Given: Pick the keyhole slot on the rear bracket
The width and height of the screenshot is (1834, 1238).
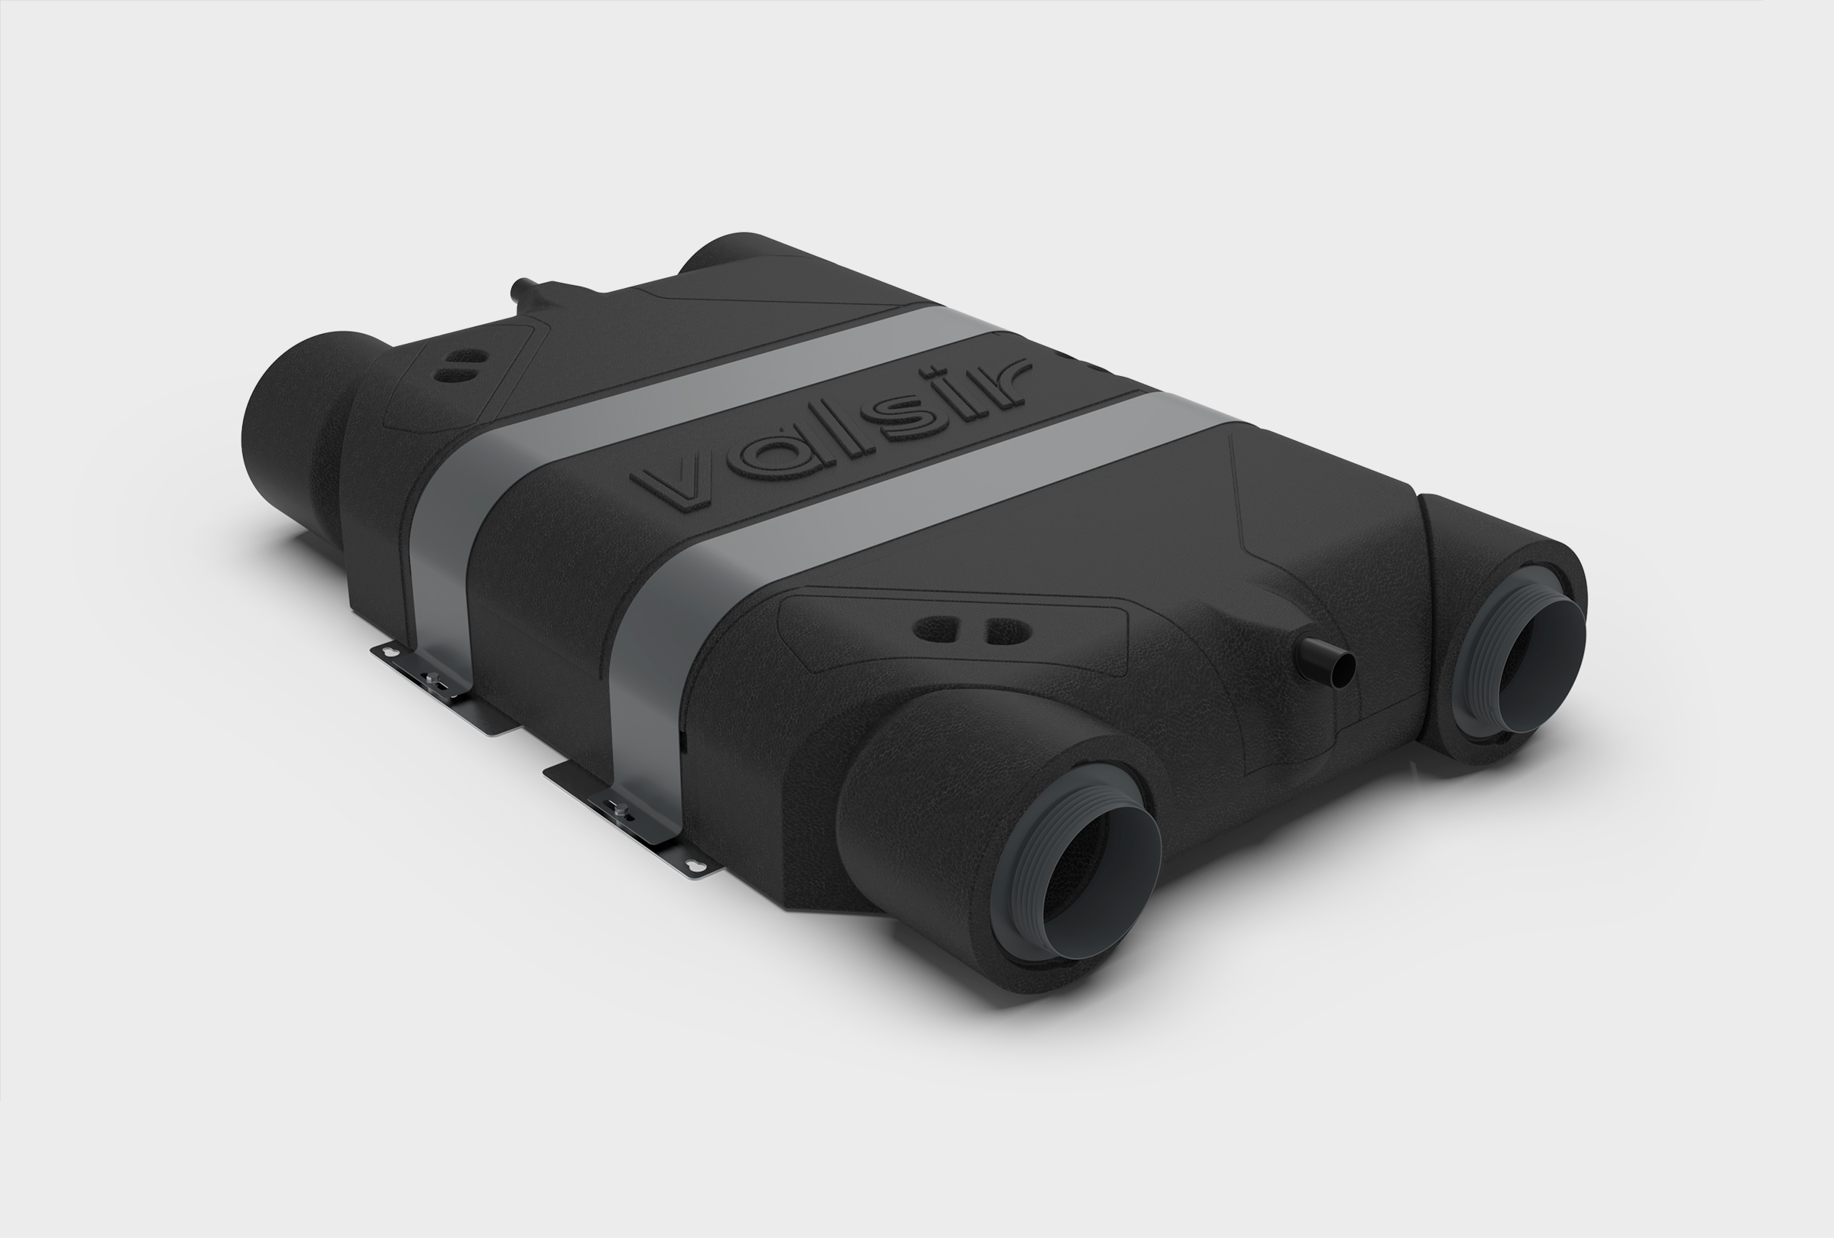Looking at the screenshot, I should [x=389, y=651].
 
